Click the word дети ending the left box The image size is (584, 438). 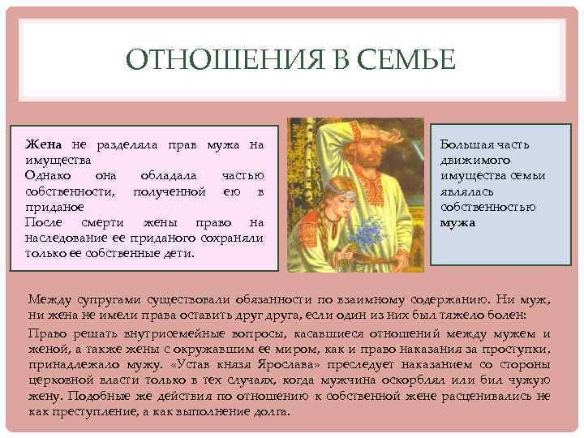click(178, 252)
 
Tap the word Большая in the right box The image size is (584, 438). click(467, 144)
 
